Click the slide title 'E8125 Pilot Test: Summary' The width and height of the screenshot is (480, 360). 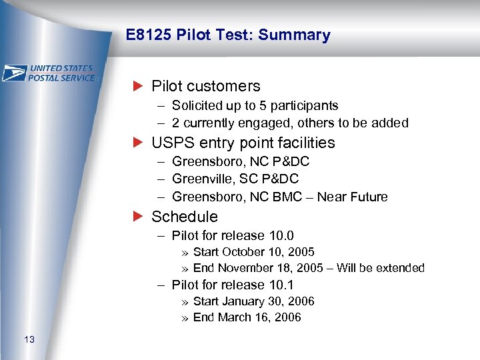click(227, 35)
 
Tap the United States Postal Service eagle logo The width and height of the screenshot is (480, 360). click(15, 73)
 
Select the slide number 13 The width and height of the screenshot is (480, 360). click(29, 341)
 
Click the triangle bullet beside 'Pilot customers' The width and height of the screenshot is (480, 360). click(138, 86)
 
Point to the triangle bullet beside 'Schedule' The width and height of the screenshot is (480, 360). click(138, 217)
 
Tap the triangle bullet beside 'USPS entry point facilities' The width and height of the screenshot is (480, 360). click(138, 143)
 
